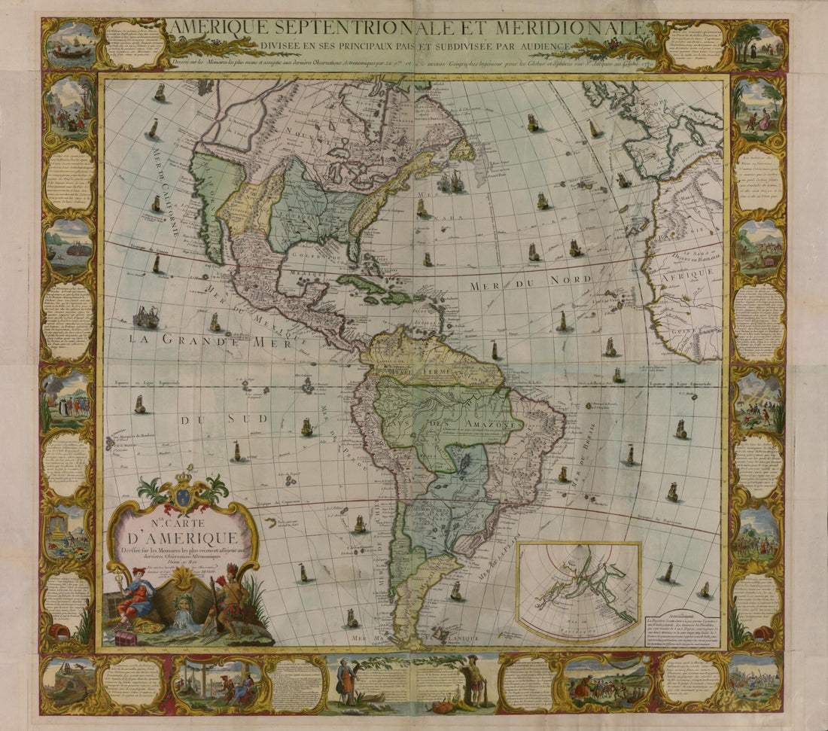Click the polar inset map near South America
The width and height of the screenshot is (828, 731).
[x=578, y=589]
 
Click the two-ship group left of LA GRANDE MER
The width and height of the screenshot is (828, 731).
[x=146, y=317]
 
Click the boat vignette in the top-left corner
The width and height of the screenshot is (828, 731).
[x=72, y=44]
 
